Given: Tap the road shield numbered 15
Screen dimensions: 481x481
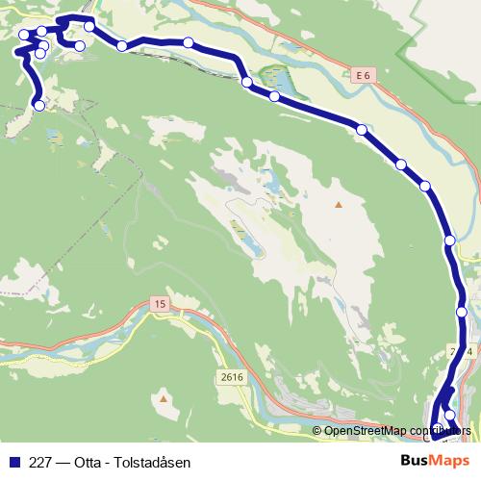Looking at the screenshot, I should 158,304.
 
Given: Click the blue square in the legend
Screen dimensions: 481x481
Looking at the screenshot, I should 13,461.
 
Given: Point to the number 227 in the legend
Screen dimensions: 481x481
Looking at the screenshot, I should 40,461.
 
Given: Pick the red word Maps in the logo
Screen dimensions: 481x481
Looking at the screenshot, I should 450,460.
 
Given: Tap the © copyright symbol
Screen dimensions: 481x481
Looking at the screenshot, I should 316,431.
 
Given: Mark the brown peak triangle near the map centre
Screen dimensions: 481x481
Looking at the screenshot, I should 338,205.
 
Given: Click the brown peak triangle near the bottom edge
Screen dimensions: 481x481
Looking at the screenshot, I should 165,397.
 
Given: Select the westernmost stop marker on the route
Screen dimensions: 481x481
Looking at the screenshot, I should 24,37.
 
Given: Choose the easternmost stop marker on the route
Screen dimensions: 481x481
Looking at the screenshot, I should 462,312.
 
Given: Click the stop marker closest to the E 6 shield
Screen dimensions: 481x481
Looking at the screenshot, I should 362,129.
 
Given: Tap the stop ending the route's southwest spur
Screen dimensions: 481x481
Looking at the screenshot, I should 38,105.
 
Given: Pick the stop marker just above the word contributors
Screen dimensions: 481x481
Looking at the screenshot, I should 449,416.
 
